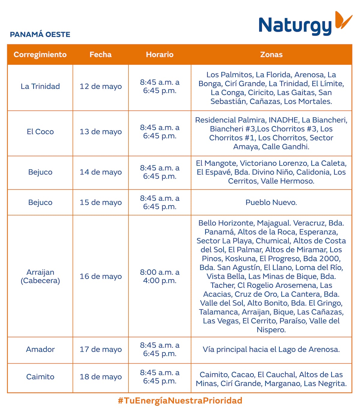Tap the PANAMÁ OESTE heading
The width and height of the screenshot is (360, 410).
tap(40, 34)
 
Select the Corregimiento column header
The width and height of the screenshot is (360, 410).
tap(40, 55)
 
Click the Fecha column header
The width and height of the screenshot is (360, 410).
tap(100, 55)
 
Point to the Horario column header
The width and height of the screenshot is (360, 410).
tap(160, 55)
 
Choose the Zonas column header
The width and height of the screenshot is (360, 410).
tap(271, 55)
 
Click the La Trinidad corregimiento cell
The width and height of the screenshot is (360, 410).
tap(40, 86)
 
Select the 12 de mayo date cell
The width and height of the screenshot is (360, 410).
tap(100, 86)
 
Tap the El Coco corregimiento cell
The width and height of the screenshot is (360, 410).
tap(40, 132)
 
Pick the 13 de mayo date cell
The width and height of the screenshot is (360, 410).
tap(100, 132)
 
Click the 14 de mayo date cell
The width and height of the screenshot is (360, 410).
tap(100, 172)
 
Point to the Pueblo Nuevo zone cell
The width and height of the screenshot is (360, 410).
tap(271, 202)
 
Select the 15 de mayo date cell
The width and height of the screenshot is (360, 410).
tap(100, 202)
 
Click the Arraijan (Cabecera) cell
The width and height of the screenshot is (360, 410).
tap(40, 276)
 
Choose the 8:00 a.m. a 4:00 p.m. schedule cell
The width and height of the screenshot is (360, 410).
tap(160, 276)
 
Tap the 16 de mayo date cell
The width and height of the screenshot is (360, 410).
tap(100, 276)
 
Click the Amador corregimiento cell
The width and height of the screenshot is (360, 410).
tap(40, 349)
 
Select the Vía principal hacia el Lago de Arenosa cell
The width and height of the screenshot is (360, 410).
tap(271, 349)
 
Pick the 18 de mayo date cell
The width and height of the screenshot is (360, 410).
tap(100, 377)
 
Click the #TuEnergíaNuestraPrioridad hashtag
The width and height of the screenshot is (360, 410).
tap(180, 400)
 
